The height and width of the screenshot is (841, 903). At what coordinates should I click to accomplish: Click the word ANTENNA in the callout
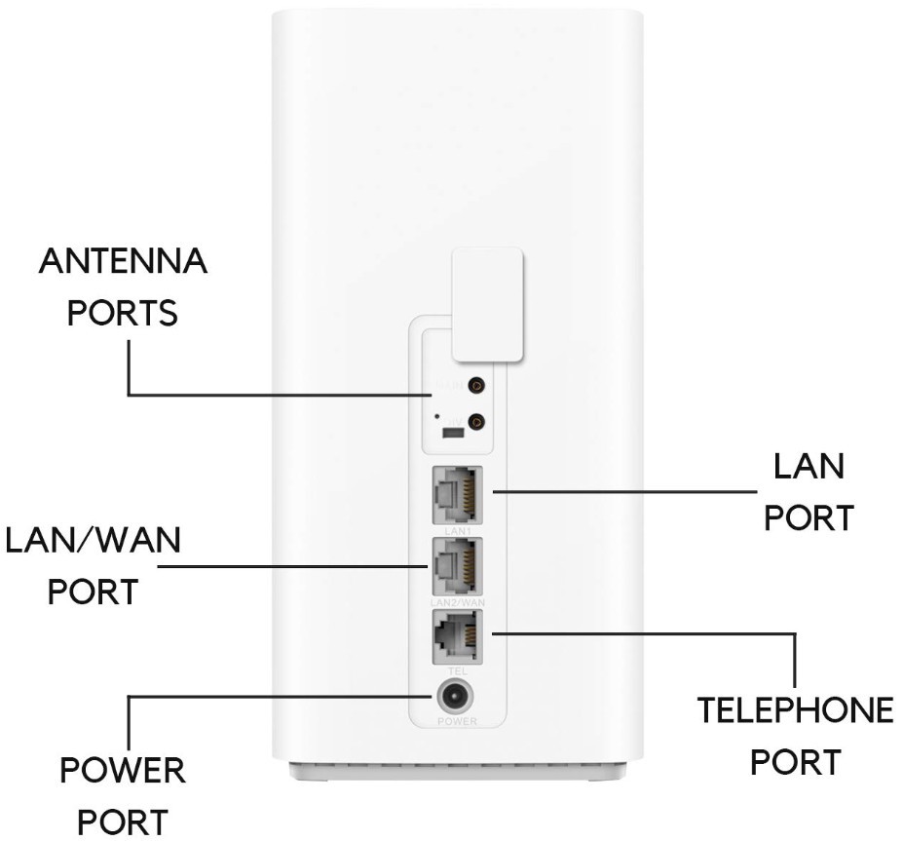point(123,263)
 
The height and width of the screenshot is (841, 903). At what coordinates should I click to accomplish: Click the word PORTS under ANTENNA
point(123,314)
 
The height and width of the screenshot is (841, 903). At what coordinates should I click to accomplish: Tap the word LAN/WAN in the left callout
point(94,542)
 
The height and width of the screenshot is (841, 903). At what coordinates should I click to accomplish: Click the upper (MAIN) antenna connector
point(477,386)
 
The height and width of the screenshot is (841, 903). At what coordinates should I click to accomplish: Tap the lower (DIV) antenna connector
point(477,422)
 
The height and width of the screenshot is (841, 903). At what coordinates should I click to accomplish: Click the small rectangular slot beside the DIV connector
point(451,430)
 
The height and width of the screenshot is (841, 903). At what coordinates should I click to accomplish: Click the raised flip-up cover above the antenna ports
point(486,303)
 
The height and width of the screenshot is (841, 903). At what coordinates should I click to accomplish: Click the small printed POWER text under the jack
point(456,722)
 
